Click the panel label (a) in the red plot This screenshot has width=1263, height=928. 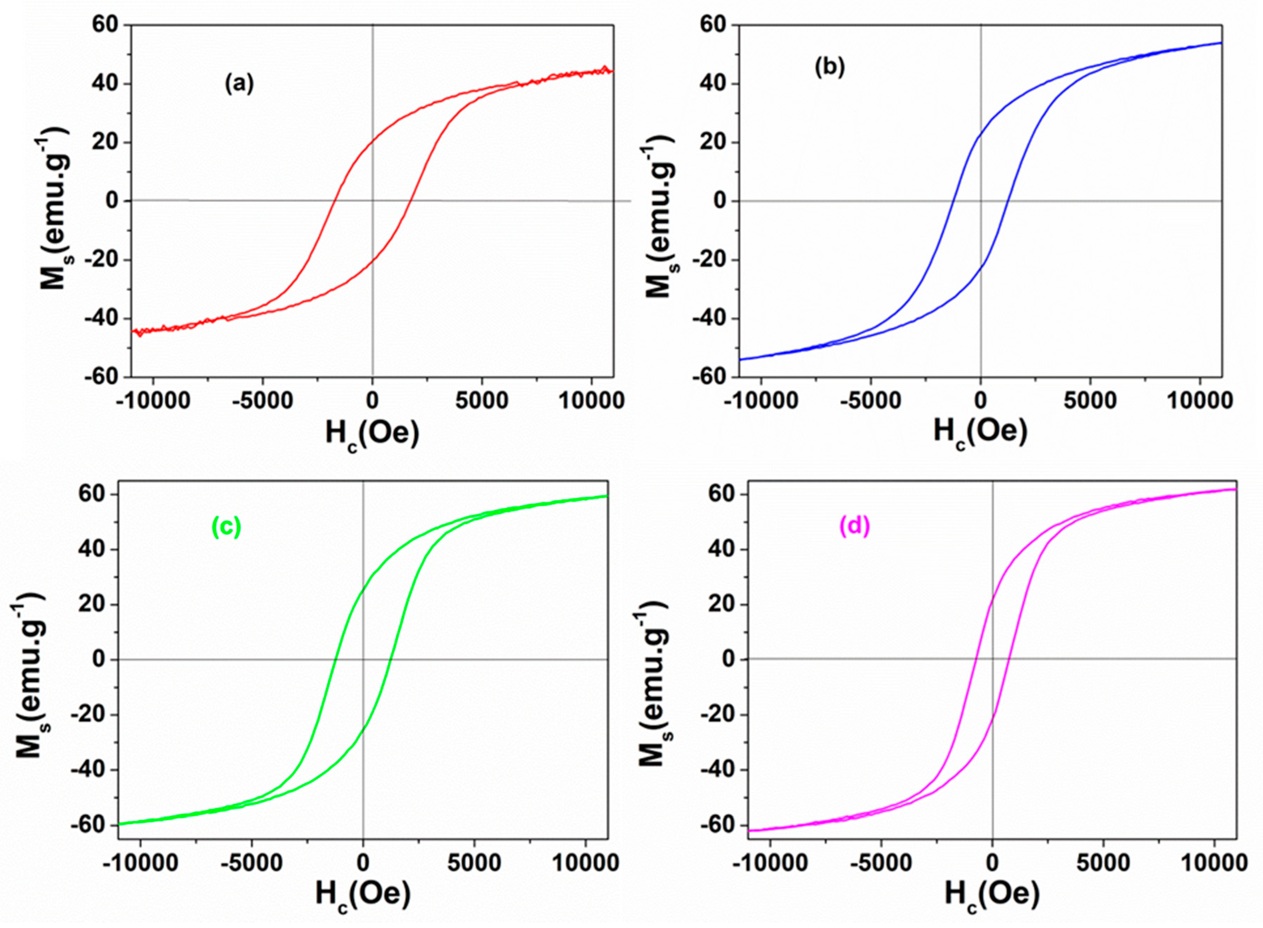(x=239, y=84)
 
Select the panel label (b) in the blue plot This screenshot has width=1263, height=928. (x=829, y=67)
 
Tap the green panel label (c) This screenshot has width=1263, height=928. (x=227, y=526)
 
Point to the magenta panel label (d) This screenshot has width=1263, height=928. (x=854, y=526)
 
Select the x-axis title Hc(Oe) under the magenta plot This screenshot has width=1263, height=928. (x=992, y=894)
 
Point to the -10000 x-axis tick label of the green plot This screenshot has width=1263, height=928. (x=139, y=862)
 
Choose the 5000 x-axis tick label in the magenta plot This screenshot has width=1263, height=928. (x=1102, y=862)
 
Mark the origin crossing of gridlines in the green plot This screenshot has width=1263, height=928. (x=363, y=659)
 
